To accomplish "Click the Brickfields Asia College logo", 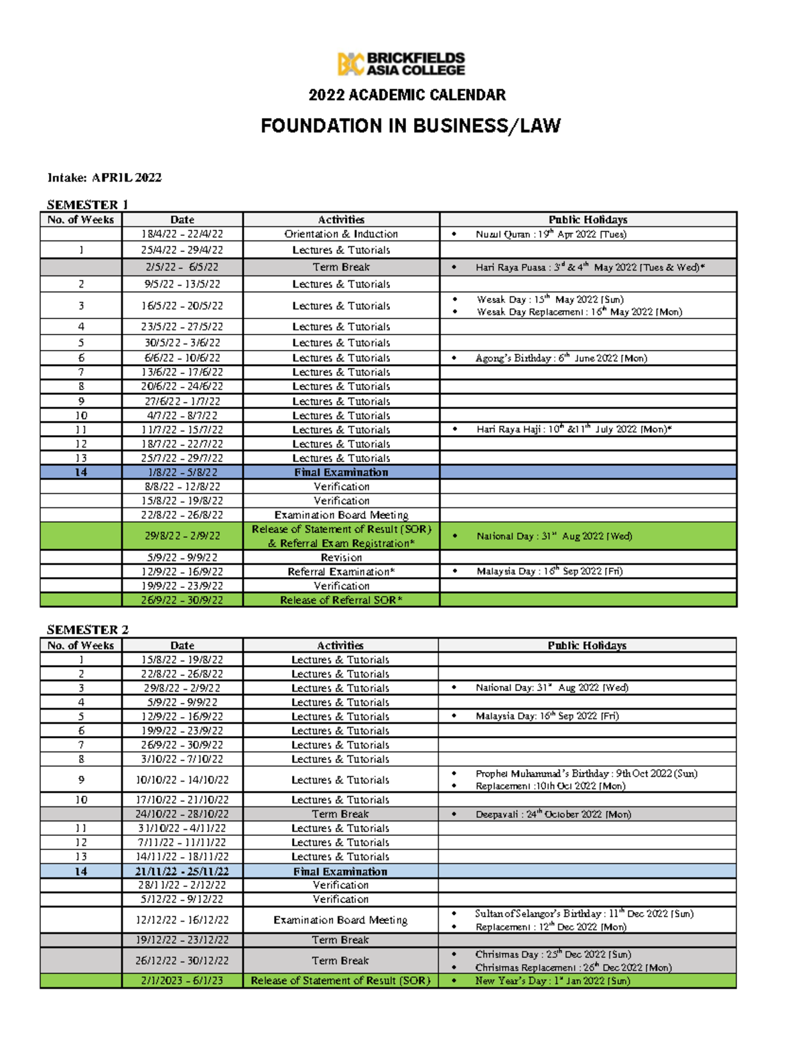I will click(x=401, y=64).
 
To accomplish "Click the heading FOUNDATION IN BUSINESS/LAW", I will click(x=410, y=126).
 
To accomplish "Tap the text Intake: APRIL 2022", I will click(x=105, y=178).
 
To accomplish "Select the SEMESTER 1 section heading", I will click(x=87, y=204).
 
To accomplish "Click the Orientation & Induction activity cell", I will click(x=341, y=234).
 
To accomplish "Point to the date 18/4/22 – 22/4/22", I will click(x=182, y=234).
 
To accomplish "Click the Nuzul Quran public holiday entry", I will click(x=550, y=234).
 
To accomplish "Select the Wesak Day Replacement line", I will click(x=579, y=312).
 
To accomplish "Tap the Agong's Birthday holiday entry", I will click(x=561, y=358).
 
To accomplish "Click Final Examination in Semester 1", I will click(x=341, y=473).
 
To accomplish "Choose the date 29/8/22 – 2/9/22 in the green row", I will click(x=182, y=536).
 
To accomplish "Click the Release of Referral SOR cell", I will click(x=341, y=600).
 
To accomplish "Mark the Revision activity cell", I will click(x=341, y=557).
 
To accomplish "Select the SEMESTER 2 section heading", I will click(x=87, y=629).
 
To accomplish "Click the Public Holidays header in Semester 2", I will click(x=587, y=646).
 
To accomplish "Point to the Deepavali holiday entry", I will click(x=553, y=814).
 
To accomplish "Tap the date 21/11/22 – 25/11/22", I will click(x=182, y=871).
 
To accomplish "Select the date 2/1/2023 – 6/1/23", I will click(x=182, y=981).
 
